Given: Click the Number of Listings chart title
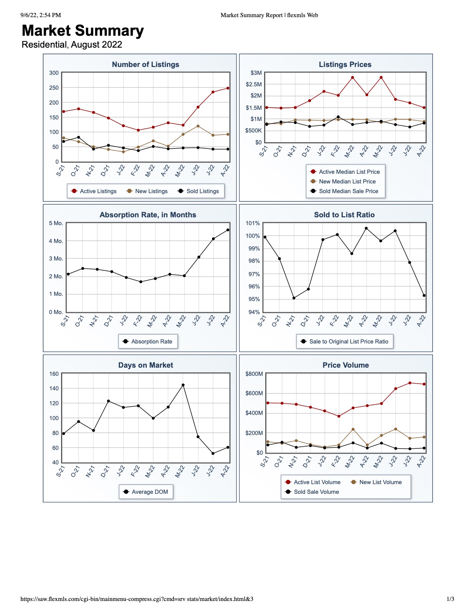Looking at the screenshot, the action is tap(145, 64).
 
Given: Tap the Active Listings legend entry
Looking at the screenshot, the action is tap(94, 191).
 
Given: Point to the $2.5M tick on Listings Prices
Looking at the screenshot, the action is tap(254, 84).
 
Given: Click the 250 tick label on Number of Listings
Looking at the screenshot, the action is tap(54, 87).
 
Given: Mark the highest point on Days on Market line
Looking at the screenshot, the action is tap(183, 385).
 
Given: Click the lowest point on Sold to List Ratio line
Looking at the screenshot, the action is tap(294, 298).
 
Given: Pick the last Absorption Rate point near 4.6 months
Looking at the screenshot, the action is tap(228, 230).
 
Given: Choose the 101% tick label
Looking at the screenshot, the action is tap(253, 223).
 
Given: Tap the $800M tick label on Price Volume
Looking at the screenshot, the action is tap(254, 374).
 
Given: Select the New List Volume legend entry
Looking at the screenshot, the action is tap(376, 482).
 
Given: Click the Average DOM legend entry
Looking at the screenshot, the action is tap(146, 492).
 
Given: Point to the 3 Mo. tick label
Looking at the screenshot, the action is tap(56, 259).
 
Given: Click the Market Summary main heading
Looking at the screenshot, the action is tap(83, 31).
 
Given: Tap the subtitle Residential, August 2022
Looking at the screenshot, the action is tap(72, 44).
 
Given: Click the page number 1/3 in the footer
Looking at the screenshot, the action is tap(450, 599).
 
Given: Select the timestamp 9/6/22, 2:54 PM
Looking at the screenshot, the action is tap(41, 15).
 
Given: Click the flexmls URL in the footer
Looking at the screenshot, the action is tap(137, 599).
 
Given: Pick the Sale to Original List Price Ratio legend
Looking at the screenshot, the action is tap(345, 341).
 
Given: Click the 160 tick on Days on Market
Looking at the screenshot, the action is tap(54, 374).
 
